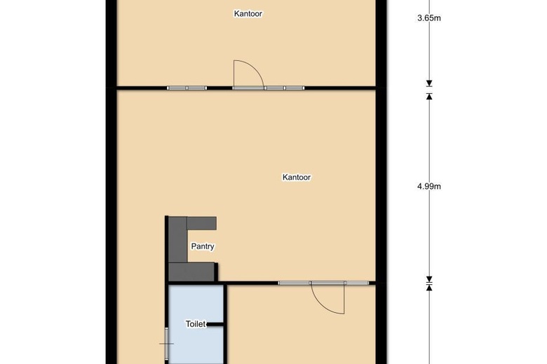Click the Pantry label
203,246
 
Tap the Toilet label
196,324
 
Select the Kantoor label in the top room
248,13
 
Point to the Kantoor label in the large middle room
297,178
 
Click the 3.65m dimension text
428,19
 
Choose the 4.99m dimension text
428,186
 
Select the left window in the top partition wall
187,87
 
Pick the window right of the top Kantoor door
285,87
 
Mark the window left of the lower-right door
295,283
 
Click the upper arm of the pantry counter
201,223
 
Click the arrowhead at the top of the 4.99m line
428,96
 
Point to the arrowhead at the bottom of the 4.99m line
428,278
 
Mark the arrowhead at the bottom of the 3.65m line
428,84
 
